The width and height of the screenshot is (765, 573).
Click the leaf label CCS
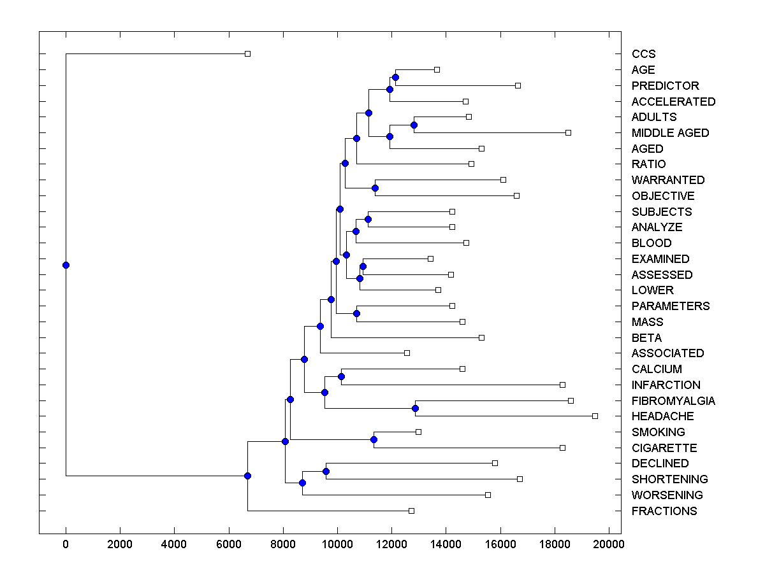[x=643, y=54]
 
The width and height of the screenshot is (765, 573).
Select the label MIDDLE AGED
[x=670, y=133]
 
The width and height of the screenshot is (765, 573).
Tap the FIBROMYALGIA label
[x=673, y=401]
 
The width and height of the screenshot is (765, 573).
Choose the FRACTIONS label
[x=664, y=511]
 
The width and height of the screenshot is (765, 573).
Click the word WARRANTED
[x=668, y=180]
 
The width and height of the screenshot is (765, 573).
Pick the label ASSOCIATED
[x=667, y=353]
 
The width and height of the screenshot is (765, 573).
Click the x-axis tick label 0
[x=66, y=543]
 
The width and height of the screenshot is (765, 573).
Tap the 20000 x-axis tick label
[x=609, y=543]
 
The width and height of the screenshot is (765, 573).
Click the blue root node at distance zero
[x=66, y=265]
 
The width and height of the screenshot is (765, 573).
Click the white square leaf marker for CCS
[x=248, y=53]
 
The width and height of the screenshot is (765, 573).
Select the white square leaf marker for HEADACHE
[x=595, y=416]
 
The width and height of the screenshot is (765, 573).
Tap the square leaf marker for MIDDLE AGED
[x=568, y=132]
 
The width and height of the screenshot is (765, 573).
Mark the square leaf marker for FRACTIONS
[x=411, y=511]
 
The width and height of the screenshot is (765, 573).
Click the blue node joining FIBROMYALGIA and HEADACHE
[x=415, y=408]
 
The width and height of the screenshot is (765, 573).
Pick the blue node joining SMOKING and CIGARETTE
[x=374, y=439]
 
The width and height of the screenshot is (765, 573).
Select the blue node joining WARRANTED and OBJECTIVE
[x=375, y=188]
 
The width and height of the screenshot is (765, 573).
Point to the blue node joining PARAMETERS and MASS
[x=356, y=313]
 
